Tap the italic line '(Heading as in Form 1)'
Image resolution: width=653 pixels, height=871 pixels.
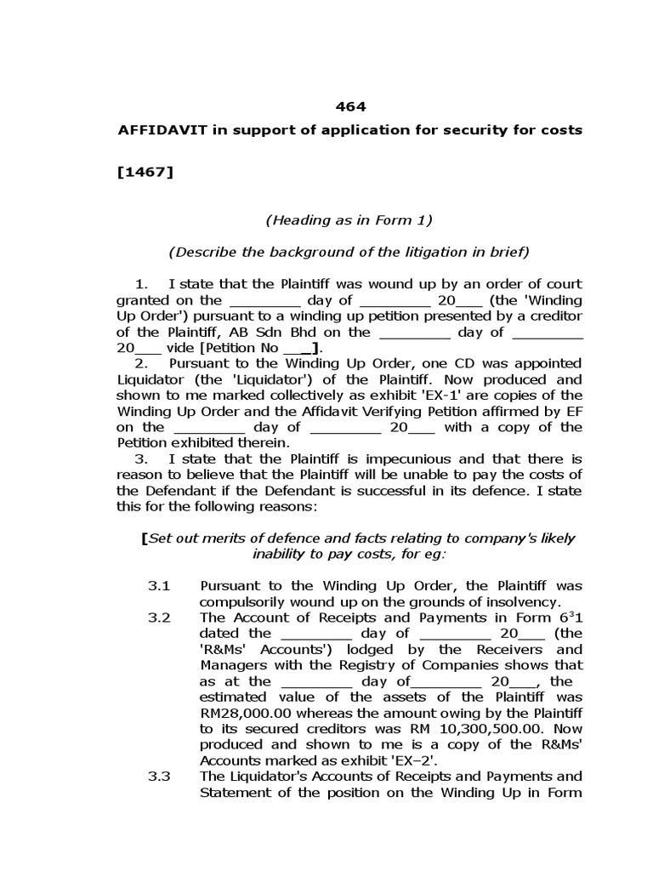pos(349,220)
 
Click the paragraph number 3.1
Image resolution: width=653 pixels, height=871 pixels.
pos(160,586)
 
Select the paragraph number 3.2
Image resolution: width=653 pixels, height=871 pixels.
pos(160,618)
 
